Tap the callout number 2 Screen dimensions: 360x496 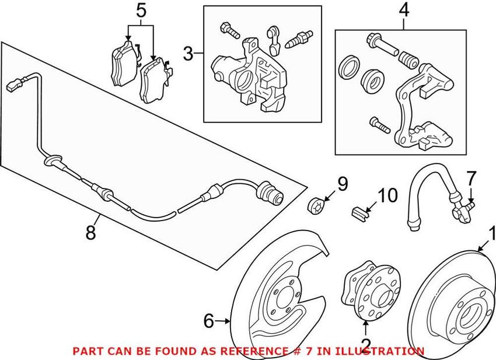tap(366, 344)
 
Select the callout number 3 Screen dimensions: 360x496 tap(188, 54)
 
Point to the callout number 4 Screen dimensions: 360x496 tap(403, 9)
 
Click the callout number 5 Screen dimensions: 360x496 tap(139, 9)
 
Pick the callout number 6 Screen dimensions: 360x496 tap(209, 320)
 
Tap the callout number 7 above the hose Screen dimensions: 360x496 tap(471, 178)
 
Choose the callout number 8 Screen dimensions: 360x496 tap(90, 232)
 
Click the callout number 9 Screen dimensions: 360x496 tap(342, 184)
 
